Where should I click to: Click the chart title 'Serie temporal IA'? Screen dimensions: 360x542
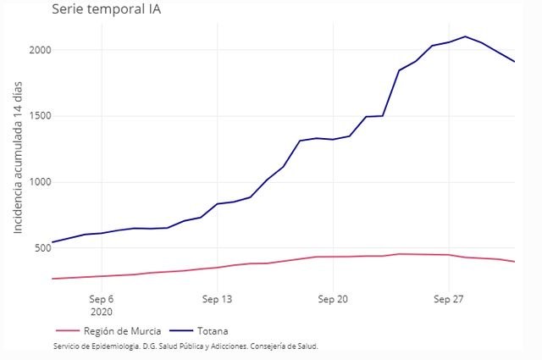tap(107, 10)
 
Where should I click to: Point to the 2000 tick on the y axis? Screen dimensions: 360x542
tap(39, 50)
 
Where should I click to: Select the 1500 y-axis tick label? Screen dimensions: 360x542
tap(39, 116)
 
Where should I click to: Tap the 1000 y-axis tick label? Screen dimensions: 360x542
tap(39, 182)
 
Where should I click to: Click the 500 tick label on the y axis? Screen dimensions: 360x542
tap(42, 248)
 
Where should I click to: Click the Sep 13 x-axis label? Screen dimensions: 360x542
tap(217, 299)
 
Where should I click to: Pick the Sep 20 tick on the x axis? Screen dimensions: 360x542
tap(333, 299)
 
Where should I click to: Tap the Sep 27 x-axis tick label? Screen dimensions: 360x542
tap(448, 299)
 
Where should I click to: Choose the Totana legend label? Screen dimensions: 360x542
tap(212, 330)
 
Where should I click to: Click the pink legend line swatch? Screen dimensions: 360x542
tap(66, 330)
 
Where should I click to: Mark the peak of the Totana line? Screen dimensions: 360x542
tap(465, 36)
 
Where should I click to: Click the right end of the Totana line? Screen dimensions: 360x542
tap(514, 62)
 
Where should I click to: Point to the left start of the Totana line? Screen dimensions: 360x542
tap(52, 242)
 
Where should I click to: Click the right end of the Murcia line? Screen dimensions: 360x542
tap(514, 262)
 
